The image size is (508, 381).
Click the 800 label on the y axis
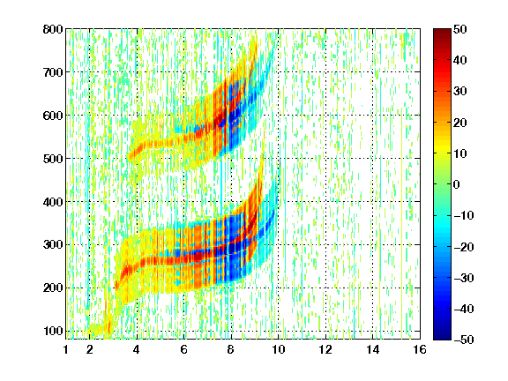pyautogui.click(x=53, y=29)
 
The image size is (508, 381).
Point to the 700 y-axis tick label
pyautogui.click(x=53, y=72)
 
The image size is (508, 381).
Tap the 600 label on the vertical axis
pyautogui.click(x=53, y=116)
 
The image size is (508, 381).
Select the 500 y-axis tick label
pyautogui.click(x=53, y=159)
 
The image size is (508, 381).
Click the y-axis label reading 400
pyautogui.click(x=53, y=202)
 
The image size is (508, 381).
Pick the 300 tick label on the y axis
pyautogui.click(x=53, y=245)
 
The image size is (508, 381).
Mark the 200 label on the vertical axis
pyautogui.click(x=53, y=288)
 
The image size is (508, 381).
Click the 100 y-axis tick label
pyautogui.click(x=53, y=331)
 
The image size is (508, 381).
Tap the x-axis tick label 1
pyautogui.click(x=66, y=349)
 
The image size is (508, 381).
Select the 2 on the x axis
pyautogui.click(x=90, y=349)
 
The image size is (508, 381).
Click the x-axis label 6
pyautogui.click(x=184, y=349)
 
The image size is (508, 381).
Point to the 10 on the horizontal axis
pyautogui.click(x=279, y=349)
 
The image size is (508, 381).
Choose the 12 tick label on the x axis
pyautogui.click(x=325, y=349)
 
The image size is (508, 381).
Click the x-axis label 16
pyautogui.click(x=420, y=349)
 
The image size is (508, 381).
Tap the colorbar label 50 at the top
pyautogui.click(x=460, y=29)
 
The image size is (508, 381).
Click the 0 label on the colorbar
pyautogui.click(x=457, y=184)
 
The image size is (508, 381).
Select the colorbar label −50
pyautogui.click(x=464, y=340)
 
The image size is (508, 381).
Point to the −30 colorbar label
pyautogui.click(x=464, y=278)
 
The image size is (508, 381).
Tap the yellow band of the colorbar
pyautogui.click(x=442, y=150)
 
